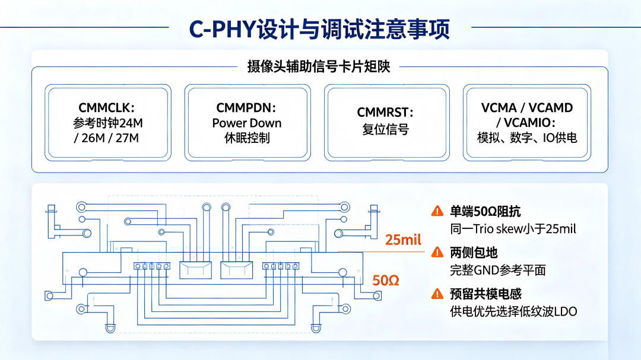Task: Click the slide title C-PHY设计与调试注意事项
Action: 319,28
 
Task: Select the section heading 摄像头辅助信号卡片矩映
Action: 319,66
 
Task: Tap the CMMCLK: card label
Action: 106,107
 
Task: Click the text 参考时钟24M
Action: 108,123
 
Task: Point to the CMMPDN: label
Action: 246,107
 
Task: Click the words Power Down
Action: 247,123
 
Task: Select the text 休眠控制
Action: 247,138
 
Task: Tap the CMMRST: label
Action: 385,112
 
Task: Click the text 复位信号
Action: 386,129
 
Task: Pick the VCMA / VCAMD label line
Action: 527,107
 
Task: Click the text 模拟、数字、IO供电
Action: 527,138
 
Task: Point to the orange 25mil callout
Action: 403,240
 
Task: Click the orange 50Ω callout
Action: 386,281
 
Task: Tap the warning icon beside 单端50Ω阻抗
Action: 437,211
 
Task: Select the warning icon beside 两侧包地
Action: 437,252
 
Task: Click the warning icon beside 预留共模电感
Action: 437,294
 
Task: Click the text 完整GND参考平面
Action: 498,270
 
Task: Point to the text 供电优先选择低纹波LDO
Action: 513,311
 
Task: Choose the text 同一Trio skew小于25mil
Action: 513,229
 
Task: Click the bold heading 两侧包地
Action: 474,253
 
